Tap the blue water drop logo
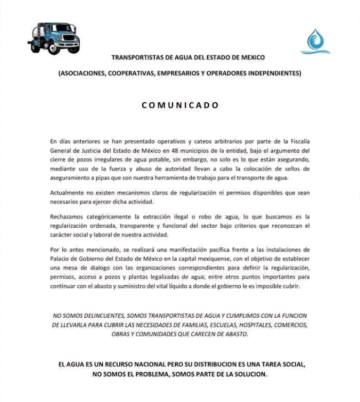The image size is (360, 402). (x=315, y=41)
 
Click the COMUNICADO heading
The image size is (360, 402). (x=180, y=105)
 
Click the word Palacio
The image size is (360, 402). (x=61, y=258)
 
